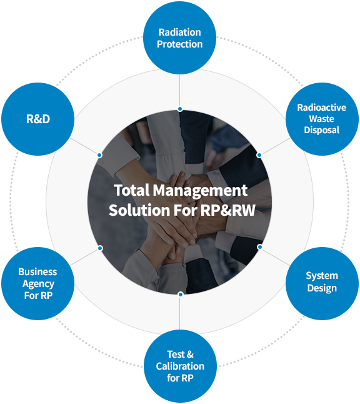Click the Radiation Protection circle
point(180,38)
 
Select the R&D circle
point(38,119)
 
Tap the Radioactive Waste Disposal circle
point(322,119)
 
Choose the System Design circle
point(322,283)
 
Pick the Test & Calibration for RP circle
point(180,366)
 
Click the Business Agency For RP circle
point(38,283)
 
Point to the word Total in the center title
point(132,190)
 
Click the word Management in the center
point(201,191)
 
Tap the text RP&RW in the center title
point(227,210)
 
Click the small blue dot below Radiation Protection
point(180,109)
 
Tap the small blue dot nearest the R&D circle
point(99,155)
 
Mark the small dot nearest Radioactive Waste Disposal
point(259,155)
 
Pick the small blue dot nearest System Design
point(260,247)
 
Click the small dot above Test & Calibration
point(181,294)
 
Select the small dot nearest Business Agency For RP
point(101,248)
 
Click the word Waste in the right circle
point(322,119)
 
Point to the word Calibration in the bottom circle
point(180,366)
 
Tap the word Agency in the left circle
point(38,284)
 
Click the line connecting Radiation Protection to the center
point(180,91)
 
